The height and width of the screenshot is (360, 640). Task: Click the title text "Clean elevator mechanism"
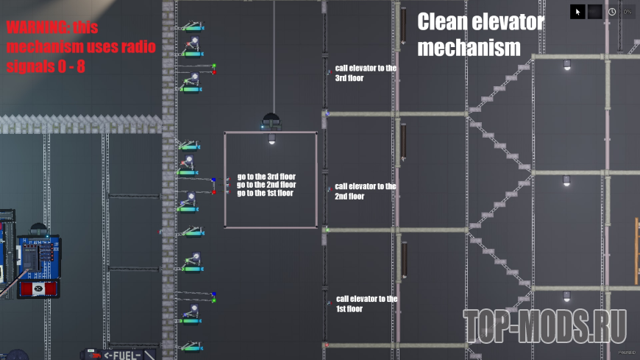coord(480,35)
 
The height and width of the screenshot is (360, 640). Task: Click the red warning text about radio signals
coord(81,47)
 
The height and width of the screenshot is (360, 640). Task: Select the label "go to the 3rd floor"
coord(266,177)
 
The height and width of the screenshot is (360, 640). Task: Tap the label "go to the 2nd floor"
coord(266,185)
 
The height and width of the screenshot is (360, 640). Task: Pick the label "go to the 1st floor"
coord(266,193)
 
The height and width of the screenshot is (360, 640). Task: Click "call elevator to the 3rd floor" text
coord(366,73)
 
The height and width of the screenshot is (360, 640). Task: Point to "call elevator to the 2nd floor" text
coord(366,191)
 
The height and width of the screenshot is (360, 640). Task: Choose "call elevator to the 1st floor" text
coord(366,303)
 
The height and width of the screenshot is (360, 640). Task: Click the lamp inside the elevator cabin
coord(272,139)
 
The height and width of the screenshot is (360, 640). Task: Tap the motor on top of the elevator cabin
coord(271,121)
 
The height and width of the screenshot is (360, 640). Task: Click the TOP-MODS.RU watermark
coord(545,326)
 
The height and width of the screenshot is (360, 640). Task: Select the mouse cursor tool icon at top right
coord(577,12)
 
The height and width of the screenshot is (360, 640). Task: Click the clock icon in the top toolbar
coord(612,12)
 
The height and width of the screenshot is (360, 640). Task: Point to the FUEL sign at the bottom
coord(122,355)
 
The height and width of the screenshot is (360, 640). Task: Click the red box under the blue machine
coord(38,289)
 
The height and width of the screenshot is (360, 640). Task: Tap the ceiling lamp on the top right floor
coord(567,65)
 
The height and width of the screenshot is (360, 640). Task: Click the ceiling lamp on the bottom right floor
coord(566,296)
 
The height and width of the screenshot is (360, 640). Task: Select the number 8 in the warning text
coord(81,66)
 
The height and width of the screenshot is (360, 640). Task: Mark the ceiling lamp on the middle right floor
coord(566,180)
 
